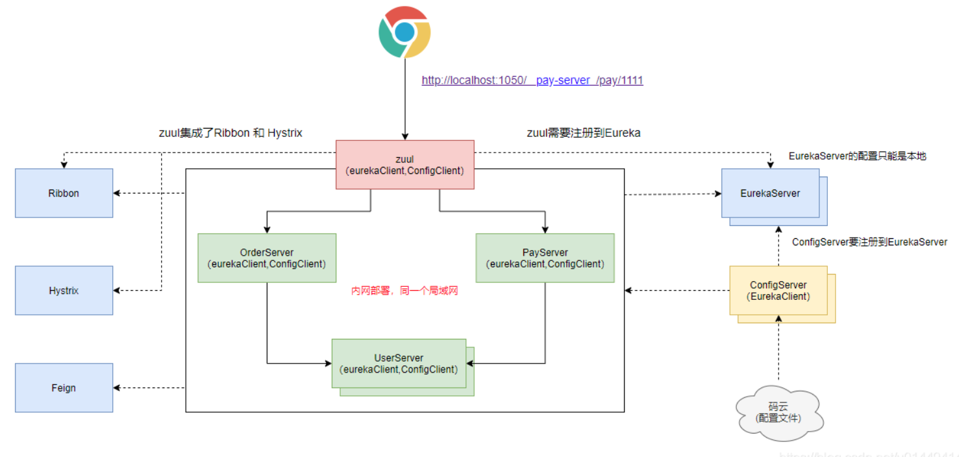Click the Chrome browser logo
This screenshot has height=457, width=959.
[x=405, y=32]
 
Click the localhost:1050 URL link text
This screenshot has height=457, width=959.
[x=532, y=80]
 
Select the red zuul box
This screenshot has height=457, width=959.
[x=405, y=164]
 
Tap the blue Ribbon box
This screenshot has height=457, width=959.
[x=64, y=193]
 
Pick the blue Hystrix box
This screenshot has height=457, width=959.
[x=64, y=290]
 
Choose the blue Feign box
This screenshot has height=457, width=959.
[x=64, y=388]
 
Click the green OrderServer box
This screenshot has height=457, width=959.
[x=266, y=258]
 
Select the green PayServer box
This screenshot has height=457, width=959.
[x=545, y=258]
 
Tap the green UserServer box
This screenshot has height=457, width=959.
[x=399, y=363]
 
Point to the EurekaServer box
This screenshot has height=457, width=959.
[x=769, y=193]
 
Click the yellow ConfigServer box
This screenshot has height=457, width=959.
[x=778, y=290]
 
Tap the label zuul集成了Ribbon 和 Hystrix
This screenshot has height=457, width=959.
[x=231, y=132]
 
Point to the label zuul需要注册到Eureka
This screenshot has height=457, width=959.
[x=583, y=132]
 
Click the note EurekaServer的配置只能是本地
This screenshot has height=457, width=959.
[x=857, y=156]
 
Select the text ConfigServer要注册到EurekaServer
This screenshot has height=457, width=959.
[x=869, y=241]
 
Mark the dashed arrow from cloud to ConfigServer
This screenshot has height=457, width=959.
[x=778, y=354]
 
